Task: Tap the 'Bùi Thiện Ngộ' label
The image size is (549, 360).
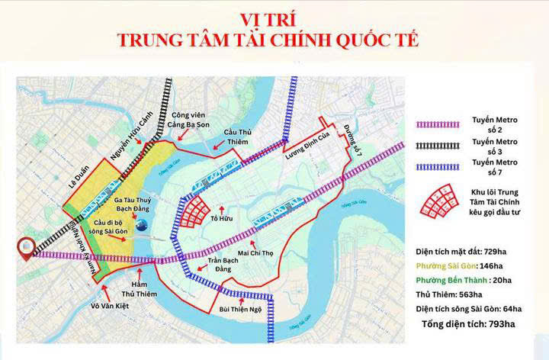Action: (x=239, y=310)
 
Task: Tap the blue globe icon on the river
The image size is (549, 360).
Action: (x=143, y=223)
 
